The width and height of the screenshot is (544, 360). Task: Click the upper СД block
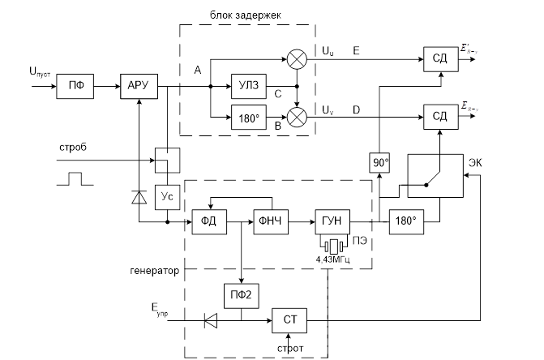pyautogui.click(x=439, y=58)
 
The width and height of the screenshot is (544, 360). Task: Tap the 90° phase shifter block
pyautogui.click(x=379, y=163)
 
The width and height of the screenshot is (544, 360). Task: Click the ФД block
pyautogui.click(x=209, y=221)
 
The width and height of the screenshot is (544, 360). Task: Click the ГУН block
pyautogui.click(x=330, y=221)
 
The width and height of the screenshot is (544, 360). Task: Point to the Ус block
pyautogui.click(x=166, y=197)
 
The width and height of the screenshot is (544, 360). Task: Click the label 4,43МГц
pyautogui.click(x=332, y=259)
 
